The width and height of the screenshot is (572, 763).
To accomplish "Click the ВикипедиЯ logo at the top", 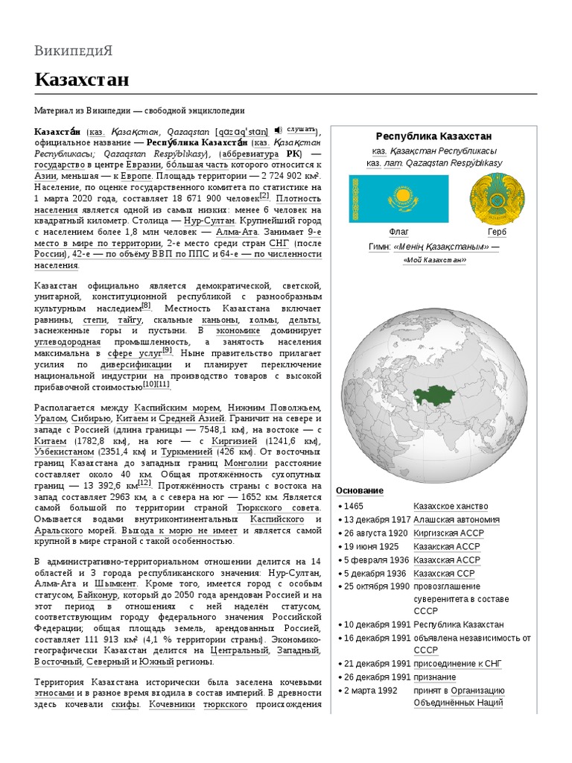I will tap(73, 51).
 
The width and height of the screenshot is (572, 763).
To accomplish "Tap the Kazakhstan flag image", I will tap(399, 197).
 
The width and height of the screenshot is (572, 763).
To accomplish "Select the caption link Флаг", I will tap(399, 232).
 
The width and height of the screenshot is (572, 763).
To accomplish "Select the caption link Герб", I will tap(497, 232).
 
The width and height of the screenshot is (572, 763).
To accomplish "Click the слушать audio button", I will tap(301, 128).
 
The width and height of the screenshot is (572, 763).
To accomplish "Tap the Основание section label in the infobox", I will tap(360, 490).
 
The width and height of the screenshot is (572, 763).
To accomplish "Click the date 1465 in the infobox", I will tap(354, 507).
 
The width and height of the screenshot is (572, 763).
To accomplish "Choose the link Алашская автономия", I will tap(457, 520).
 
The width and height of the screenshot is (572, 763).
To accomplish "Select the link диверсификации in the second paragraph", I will tap(138, 365).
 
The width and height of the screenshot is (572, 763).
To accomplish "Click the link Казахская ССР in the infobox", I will tap(445, 574).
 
